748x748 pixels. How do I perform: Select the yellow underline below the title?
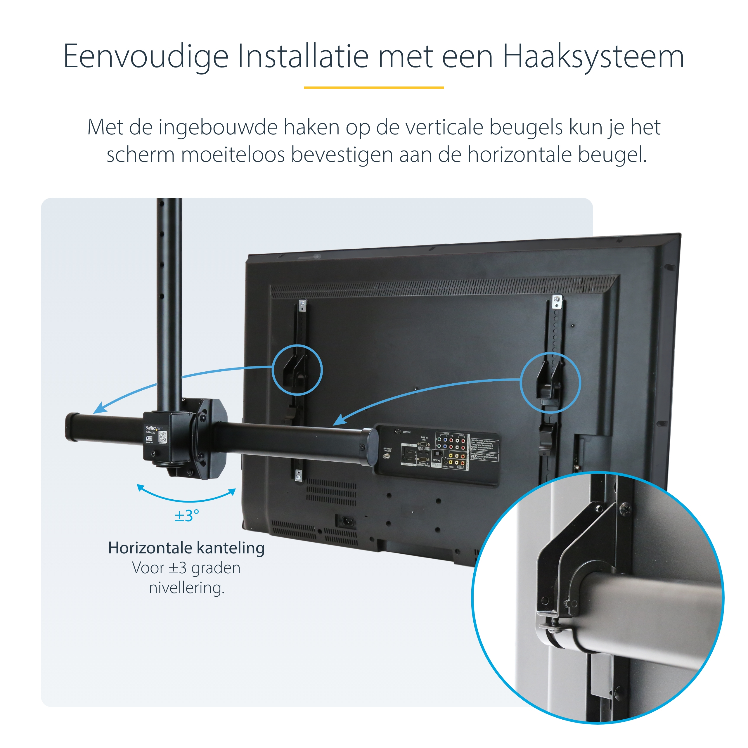tap(374, 87)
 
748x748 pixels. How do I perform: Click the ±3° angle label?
tap(187, 516)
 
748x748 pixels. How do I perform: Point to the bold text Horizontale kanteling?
tap(186, 548)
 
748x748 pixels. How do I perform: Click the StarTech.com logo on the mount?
tap(154, 428)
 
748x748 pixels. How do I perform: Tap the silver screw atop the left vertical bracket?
tap(303, 304)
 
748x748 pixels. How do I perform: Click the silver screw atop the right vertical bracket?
tap(556, 299)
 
